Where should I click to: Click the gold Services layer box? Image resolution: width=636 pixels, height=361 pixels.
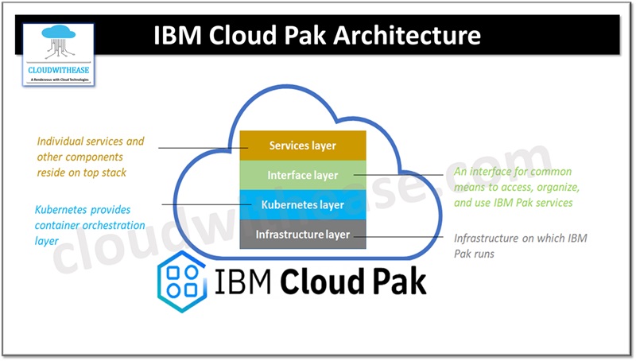coord(302,146)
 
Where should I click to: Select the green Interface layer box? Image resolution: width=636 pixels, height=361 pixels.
coord(302,175)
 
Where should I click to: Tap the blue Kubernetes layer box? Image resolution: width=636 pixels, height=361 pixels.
coord(302,204)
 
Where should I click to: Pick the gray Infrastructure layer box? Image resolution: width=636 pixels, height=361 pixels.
coord(302,234)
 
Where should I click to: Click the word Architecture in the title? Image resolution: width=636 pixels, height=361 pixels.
coord(410,36)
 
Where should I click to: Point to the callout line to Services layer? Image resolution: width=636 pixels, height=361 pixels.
coord(199,148)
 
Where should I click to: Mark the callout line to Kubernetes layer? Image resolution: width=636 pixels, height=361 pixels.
coord(203,205)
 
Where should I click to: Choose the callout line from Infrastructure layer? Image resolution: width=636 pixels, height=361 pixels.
coord(405,235)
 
